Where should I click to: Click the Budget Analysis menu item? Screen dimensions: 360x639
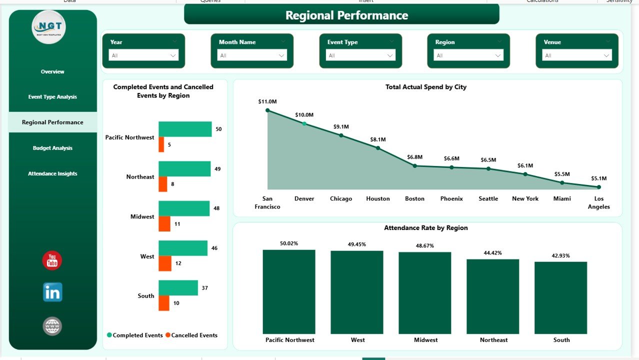coord(52,148)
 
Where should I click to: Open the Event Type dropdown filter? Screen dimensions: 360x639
coord(360,55)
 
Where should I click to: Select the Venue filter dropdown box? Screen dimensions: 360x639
coord(577,55)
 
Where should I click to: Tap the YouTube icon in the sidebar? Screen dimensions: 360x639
coord(52,260)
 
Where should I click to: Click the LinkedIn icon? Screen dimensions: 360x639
coord(52,292)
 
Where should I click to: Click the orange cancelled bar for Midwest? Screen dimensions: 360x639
coord(164,224)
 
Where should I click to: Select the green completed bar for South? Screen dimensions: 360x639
coord(178,287)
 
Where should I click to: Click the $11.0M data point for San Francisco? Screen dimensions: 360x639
coord(267,110)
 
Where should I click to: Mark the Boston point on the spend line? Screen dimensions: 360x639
coord(414,165)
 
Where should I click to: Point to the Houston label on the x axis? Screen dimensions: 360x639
coord(377,198)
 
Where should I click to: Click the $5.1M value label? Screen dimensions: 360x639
coord(598,178)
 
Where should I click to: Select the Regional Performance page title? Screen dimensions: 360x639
coord(346,15)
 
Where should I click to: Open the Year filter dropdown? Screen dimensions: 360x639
coord(143,55)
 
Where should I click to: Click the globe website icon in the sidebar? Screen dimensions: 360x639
coord(52,326)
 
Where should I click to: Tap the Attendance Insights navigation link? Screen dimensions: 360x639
coord(52,173)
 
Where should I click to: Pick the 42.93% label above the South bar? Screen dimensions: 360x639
coord(561,255)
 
